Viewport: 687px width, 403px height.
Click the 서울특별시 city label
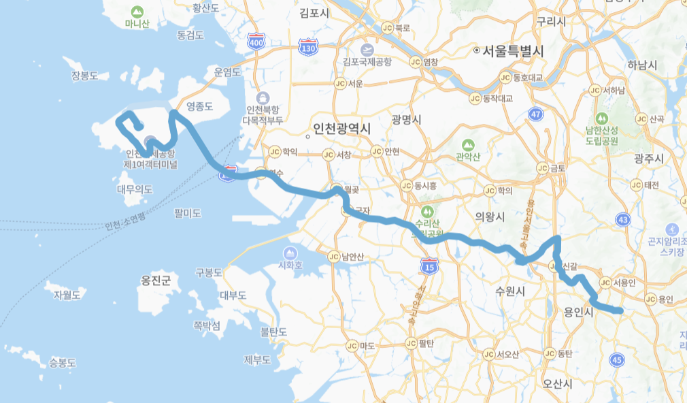[514, 51]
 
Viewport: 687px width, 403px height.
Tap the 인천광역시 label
[342, 129]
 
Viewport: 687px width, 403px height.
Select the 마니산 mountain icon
[137, 12]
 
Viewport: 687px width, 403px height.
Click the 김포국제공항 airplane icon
[367, 50]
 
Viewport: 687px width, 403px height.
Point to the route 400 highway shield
[256, 42]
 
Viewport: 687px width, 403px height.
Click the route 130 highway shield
[307, 48]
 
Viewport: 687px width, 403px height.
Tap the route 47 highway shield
[537, 114]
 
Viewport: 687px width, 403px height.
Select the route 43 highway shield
[622, 219]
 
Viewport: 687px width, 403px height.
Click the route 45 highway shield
[618, 359]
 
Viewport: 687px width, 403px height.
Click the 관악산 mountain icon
[467, 145]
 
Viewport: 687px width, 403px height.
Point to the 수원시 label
[510, 291]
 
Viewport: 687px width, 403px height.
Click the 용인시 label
[579, 312]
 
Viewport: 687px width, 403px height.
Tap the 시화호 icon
[290, 253]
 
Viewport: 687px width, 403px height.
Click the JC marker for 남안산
[333, 257]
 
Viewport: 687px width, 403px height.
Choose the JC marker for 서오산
[489, 354]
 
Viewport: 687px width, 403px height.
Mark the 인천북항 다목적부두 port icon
[264, 97]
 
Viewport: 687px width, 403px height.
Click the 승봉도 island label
[63, 362]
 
